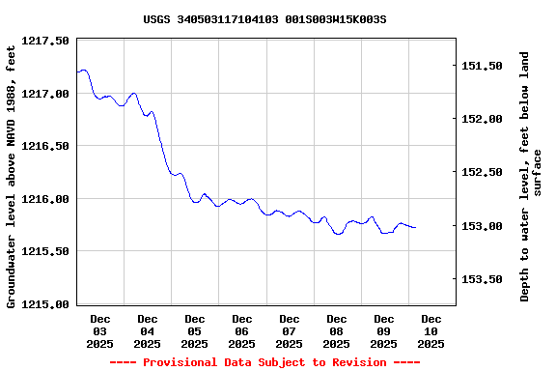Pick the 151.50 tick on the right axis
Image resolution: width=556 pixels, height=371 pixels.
(483, 66)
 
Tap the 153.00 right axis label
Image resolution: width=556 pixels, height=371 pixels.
(483, 226)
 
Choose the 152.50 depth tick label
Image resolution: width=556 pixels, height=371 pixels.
(483, 172)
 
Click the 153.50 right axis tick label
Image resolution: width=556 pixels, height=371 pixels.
(483, 279)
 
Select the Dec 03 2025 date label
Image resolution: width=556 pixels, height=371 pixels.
(100, 330)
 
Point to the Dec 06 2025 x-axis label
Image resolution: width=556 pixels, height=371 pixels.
(242, 330)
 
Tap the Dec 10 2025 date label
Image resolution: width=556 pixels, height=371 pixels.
(431, 330)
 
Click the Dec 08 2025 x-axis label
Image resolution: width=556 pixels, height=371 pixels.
(337, 330)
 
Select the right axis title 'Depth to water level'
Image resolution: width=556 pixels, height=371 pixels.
(531, 176)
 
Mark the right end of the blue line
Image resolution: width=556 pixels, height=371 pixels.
(415, 228)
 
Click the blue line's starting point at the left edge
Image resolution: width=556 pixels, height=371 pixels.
(77, 71)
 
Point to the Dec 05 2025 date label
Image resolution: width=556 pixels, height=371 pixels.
(195, 330)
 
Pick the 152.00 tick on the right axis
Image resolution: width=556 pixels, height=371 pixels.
(483, 119)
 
